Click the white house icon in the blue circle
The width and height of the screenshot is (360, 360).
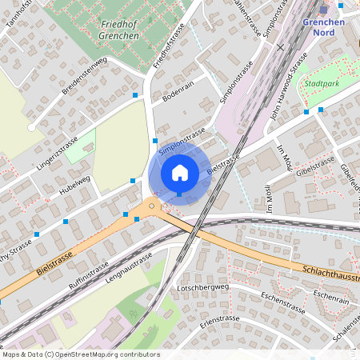coord(180,172)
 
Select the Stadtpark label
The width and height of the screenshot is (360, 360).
coord(319,82)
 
